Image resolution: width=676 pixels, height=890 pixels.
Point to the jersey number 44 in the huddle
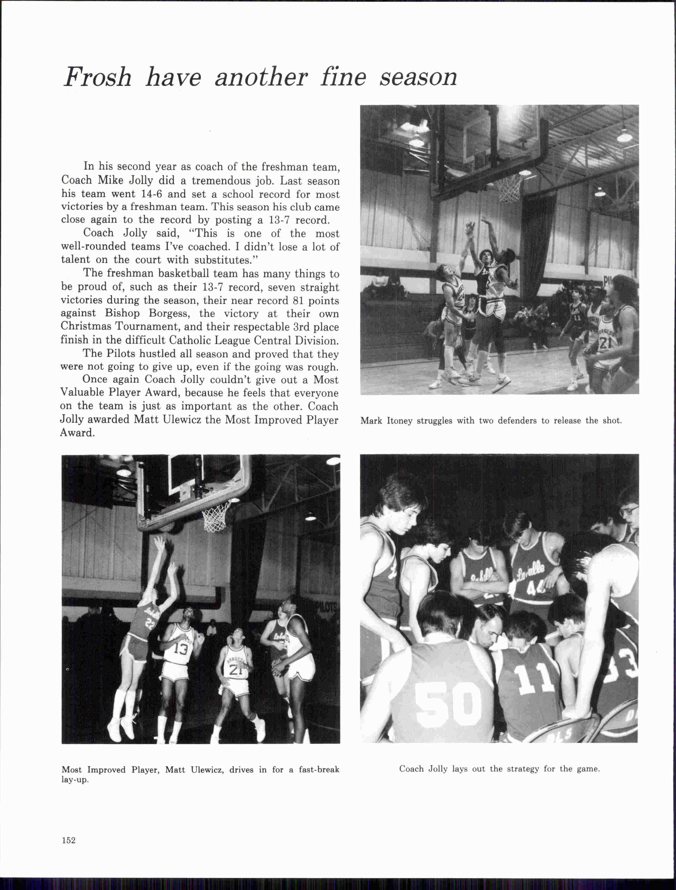pos(535,590)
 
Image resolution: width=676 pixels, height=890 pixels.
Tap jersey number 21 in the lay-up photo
pos(236,669)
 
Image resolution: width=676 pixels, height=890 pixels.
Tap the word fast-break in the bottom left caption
pos(319,770)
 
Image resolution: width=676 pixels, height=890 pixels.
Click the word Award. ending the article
pos(77,433)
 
